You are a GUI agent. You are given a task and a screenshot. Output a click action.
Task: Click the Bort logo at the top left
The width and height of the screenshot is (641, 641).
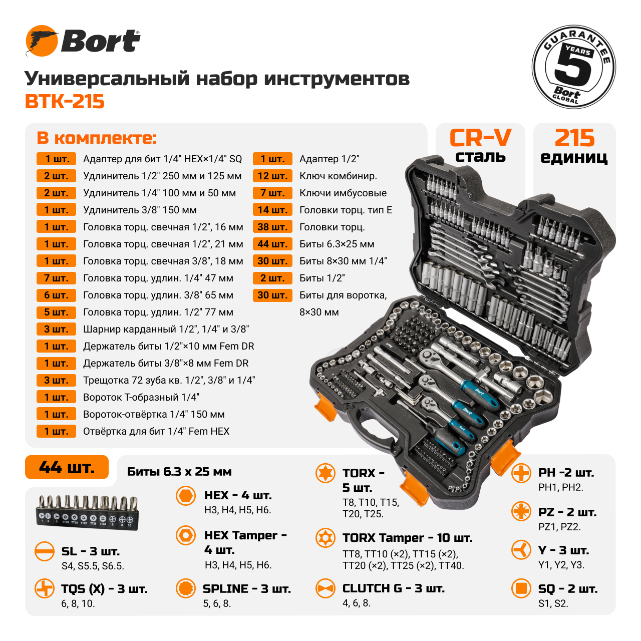(x=83, y=41)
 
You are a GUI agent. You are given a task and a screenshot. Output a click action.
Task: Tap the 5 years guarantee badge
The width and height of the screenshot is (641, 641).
(x=573, y=67)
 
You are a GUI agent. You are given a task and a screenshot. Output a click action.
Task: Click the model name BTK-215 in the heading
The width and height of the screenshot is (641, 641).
(x=65, y=102)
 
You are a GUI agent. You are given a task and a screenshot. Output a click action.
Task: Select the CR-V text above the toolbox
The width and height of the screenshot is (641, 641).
(x=480, y=138)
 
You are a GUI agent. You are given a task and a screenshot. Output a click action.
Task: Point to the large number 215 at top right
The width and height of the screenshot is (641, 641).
(x=574, y=138)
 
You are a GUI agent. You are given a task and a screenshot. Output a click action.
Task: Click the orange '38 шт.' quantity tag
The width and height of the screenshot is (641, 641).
(x=272, y=227)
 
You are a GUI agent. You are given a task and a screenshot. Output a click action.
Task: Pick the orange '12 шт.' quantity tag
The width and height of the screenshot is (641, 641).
(x=272, y=176)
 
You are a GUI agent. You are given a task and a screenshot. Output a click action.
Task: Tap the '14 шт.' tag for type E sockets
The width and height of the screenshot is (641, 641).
(x=272, y=210)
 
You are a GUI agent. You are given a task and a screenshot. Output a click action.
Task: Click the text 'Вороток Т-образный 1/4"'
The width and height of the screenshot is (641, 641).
(x=141, y=397)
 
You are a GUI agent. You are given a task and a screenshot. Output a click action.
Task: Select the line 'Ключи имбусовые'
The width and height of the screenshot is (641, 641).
(x=343, y=193)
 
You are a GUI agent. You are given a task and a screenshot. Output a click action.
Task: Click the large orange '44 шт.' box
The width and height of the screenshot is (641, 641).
(x=67, y=467)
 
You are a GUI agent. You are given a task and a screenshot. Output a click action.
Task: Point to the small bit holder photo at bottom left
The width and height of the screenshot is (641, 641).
(x=87, y=510)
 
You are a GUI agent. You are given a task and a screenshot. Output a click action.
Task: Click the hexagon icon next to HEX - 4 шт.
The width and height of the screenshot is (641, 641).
(x=186, y=496)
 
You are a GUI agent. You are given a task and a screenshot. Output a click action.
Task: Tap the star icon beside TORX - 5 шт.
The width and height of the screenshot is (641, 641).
(x=325, y=473)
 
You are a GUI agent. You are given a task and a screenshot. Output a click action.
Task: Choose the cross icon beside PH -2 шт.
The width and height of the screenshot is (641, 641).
(x=521, y=473)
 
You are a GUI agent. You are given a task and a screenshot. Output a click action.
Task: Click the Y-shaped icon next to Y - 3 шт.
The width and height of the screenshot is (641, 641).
(x=521, y=550)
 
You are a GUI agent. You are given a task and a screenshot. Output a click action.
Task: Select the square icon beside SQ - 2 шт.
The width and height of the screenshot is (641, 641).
(x=521, y=588)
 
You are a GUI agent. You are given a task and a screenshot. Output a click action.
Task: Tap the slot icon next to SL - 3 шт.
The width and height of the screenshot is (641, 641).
(x=45, y=551)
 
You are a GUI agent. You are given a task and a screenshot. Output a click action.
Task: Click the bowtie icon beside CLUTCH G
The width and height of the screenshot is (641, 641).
(x=325, y=588)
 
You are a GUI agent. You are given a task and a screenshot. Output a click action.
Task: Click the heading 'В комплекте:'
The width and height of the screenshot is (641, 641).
(x=97, y=138)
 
